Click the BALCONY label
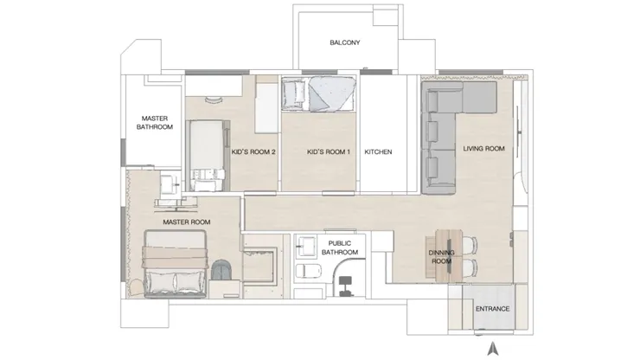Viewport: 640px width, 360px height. coord(345,42)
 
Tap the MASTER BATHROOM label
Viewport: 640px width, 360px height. coord(154,123)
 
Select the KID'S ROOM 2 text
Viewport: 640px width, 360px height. coord(253,152)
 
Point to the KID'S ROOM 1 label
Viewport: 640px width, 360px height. coord(329,152)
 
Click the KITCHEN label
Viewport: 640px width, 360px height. coord(378,152)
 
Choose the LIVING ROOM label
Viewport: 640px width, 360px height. coord(483,149)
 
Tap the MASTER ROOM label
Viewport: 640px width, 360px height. coord(187,222)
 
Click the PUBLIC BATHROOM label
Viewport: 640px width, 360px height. coord(340,248)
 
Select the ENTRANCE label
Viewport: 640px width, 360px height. coord(492,309)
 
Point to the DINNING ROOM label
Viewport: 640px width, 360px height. coord(441,257)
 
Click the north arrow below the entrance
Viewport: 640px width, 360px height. coord(493,348)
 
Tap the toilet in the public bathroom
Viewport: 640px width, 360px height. coord(308,271)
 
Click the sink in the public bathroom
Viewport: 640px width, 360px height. coord(306,246)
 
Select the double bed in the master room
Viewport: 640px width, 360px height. coord(176,264)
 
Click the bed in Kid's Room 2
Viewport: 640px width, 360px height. coord(208,156)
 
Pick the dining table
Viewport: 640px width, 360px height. coord(449,256)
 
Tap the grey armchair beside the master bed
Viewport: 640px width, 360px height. coord(222,270)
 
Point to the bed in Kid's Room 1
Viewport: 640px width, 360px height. coord(318,94)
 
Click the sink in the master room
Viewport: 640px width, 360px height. coord(170,184)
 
